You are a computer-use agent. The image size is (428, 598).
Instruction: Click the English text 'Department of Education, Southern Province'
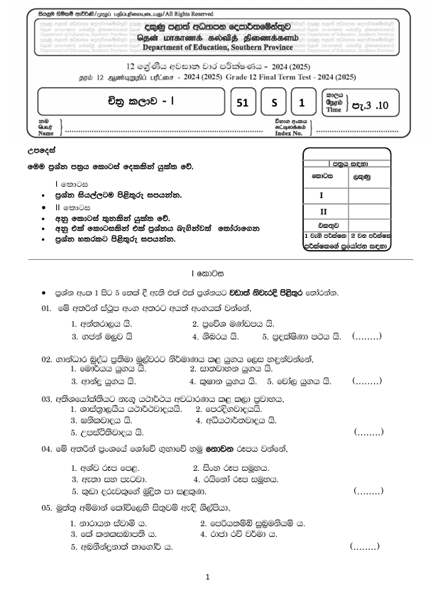tap(221, 47)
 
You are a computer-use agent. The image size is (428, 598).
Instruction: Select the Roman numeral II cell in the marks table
tap(323, 211)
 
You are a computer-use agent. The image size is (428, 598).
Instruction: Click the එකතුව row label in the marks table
tap(323, 225)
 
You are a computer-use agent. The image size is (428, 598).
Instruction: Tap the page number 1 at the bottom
tap(207, 577)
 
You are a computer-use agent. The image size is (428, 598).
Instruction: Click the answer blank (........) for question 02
tap(368, 381)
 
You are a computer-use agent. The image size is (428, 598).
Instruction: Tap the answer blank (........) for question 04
tap(368, 491)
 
